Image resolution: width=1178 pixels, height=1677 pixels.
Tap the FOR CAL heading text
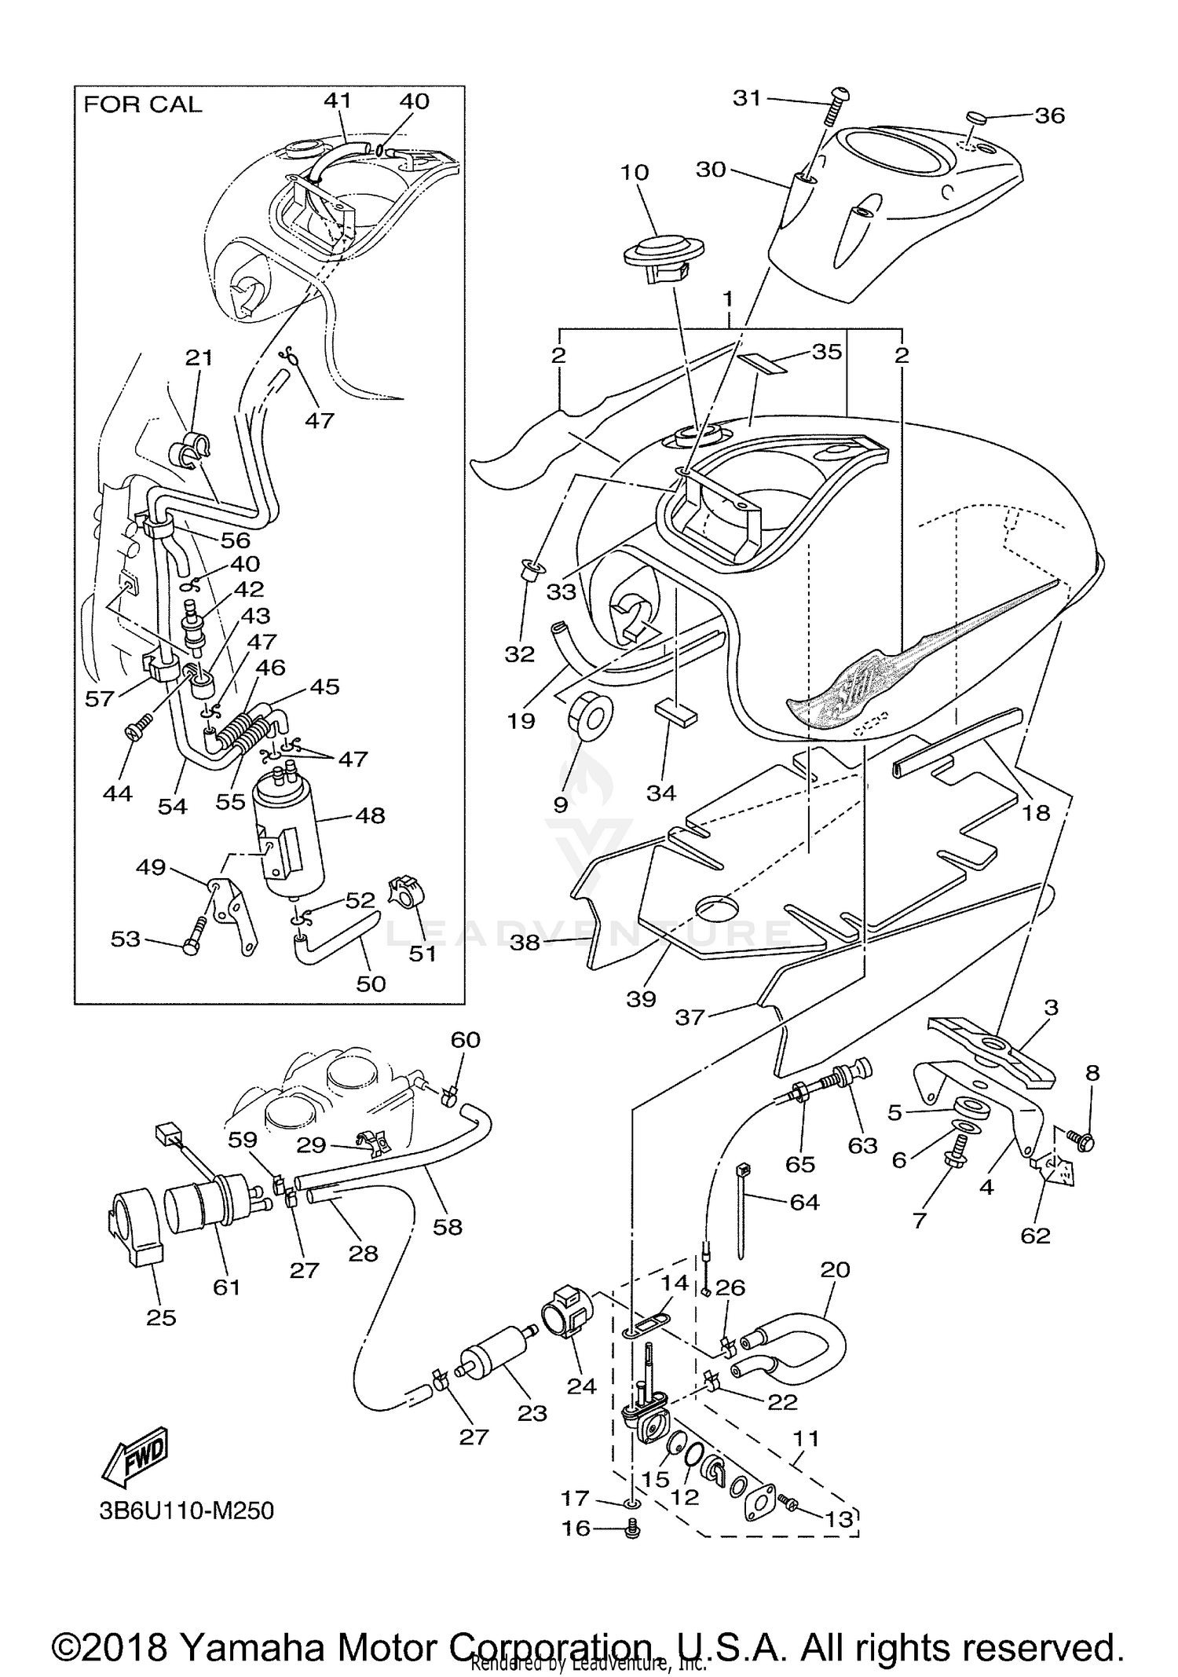click(142, 104)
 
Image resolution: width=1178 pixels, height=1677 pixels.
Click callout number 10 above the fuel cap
click(635, 172)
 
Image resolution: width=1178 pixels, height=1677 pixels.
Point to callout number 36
click(1049, 115)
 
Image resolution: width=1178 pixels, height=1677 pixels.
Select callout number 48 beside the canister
click(370, 815)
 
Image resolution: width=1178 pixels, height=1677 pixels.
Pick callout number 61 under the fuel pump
click(226, 1287)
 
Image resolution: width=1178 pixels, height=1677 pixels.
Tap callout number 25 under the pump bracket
click(161, 1316)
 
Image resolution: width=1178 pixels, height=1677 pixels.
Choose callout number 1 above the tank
click(728, 299)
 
